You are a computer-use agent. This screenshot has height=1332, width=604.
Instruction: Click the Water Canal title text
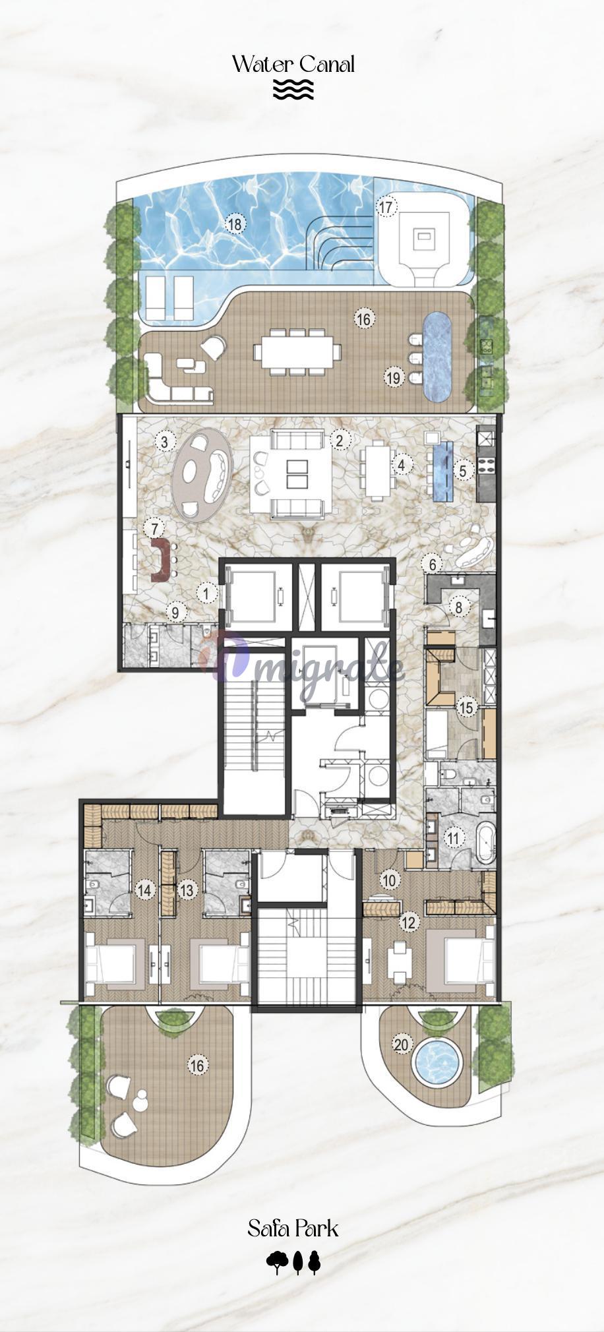[x=293, y=64]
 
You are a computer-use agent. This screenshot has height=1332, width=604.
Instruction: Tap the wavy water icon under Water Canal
[x=293, y=90]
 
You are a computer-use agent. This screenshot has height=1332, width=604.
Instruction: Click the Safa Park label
[x=293, y=1228]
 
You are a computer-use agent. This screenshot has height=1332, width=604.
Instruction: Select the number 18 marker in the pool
[x=235, y=224]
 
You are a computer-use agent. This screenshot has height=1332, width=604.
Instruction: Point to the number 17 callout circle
[x=386, y=207]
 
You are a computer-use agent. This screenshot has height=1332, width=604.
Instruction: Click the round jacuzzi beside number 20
[x=436, y=1061]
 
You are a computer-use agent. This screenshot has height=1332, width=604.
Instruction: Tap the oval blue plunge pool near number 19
[x=437, y=357]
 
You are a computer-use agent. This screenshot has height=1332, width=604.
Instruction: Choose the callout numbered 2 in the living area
[x=340, y=440]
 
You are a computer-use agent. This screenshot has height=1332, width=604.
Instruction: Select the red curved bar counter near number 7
[x=160, y=560]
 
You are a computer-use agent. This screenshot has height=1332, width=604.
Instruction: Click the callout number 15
[x=467, y=708]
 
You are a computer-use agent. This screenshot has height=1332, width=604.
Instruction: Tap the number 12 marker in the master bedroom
[x=409, y=922]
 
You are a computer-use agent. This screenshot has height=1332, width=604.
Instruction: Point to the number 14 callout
[x=144, y=891]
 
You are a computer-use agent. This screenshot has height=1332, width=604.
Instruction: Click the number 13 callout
[x=187, y=891]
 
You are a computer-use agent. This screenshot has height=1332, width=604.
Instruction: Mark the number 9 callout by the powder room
[x=175, y=613]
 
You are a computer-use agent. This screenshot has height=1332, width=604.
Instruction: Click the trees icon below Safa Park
[x=293, y=1262]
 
